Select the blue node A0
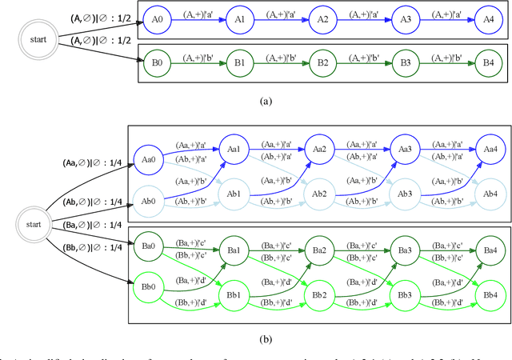(x=157, y=19)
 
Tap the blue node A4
(x=483, y=19)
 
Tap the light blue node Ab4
(x=488, y=194)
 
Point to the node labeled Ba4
(x=488, y=250)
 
